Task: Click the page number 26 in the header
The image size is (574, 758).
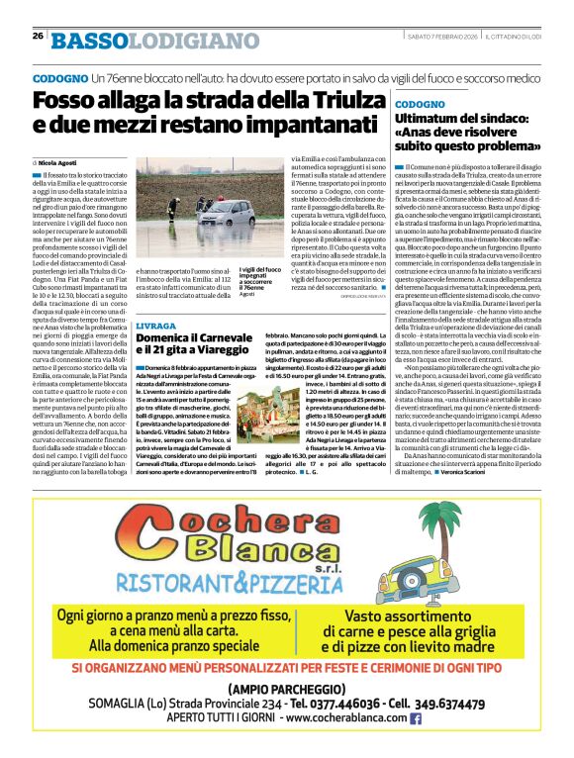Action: (x=37, y=37)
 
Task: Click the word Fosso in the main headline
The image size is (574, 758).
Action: (x=64, y=100)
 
